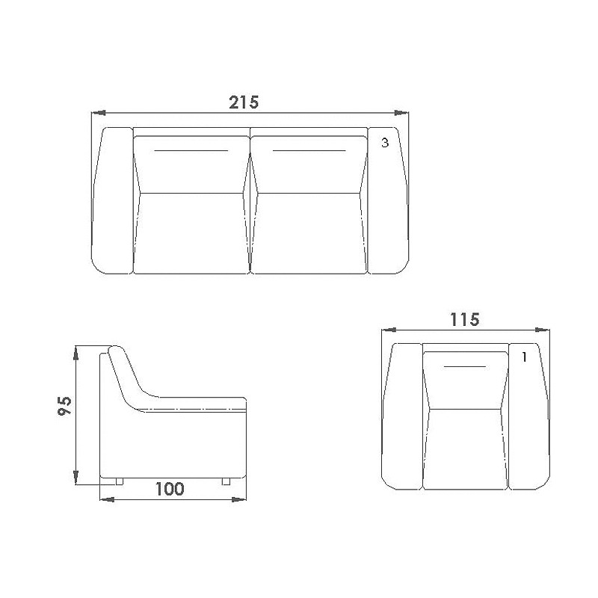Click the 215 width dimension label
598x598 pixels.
[x=244, y=102]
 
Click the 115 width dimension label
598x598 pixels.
[x=464, y=320]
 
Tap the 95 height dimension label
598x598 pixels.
[x=64, y=406]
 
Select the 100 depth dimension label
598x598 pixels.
[x=170, y=489]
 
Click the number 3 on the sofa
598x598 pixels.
[x=385, y=143]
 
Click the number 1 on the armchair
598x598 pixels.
[x=525, y=357]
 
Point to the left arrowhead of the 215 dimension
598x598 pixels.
[x=99, y=113]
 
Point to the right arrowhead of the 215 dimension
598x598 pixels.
[x=401, y=113]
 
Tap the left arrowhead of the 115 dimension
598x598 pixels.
[x=389, y=330]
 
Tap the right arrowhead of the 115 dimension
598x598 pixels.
[x=543, y=330]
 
